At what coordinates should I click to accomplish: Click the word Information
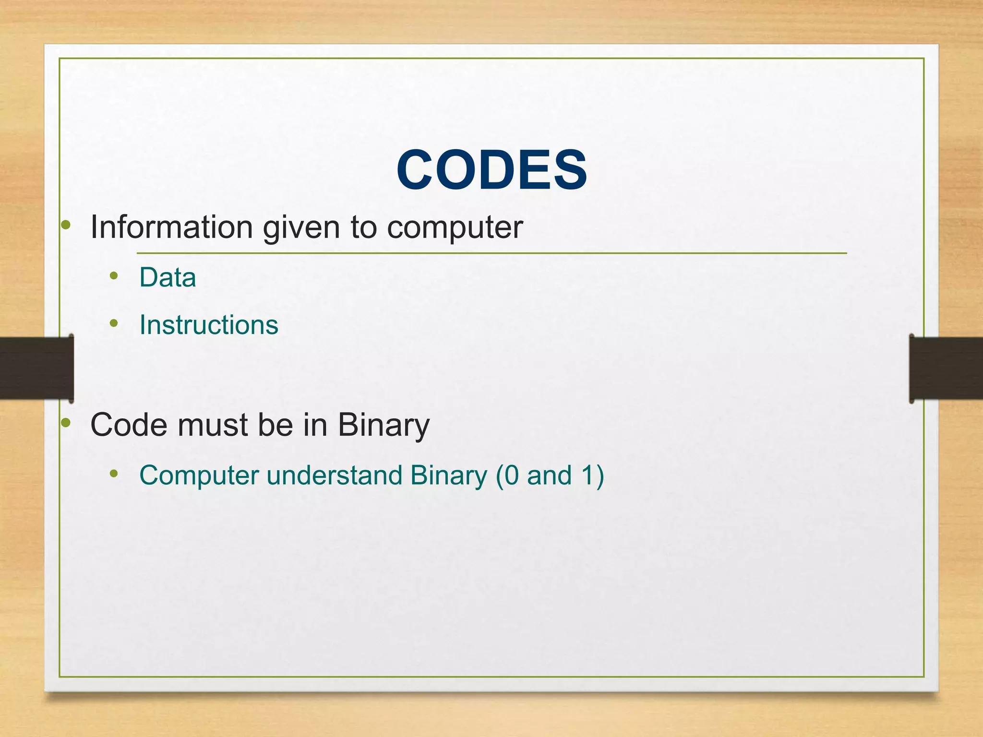pos(171,226)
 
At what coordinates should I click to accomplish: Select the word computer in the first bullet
pos(455,227)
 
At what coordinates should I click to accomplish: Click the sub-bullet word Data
pos(168,277)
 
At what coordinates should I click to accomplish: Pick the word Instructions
pos(209,325)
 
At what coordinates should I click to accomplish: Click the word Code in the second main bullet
pos(129,425)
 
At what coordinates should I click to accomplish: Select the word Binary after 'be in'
pos(384,426)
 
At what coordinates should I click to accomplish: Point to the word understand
pos(334,475)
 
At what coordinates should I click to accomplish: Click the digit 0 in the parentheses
pos(512,475)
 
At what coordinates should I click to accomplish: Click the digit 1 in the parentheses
pos(588,475)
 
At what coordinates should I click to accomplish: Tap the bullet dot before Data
pos(114,276)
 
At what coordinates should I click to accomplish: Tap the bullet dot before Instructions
pos(114,323)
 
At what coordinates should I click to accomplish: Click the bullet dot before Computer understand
pos(114,474)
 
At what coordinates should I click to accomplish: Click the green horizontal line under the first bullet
pos(491,253)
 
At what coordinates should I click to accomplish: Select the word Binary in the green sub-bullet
pos(448,475)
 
